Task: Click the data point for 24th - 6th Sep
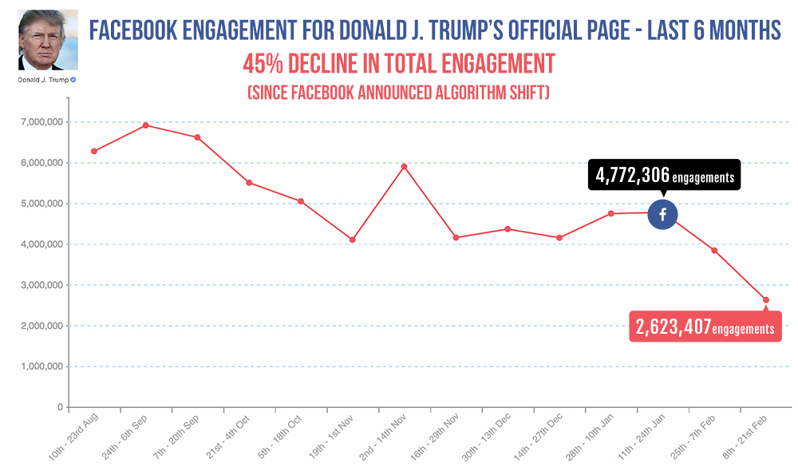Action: coord(145,125)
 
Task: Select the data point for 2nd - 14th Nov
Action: coord(404,167)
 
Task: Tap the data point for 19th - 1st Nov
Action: coord(352,239)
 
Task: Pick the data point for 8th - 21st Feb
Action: coord(766,300)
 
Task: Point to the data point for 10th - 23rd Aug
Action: coord(94,151)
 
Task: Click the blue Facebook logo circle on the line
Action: coord(662,214)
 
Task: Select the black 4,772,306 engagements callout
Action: coord(664,176)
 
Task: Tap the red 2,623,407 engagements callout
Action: coord(705,325)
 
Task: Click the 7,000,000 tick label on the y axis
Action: coord(42,122)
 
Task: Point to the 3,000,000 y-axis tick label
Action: coord(42,285)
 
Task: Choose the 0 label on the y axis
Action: coord(61,407)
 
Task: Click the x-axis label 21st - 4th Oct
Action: coord(228,437)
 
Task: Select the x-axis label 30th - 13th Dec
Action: coord(486,437)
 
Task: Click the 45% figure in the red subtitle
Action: coord(263,64)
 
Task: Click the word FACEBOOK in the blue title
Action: coord(133,30)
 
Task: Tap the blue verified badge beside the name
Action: coord(73,79)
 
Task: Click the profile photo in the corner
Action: coord(48,40)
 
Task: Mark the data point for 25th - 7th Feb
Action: coord(714,251)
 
